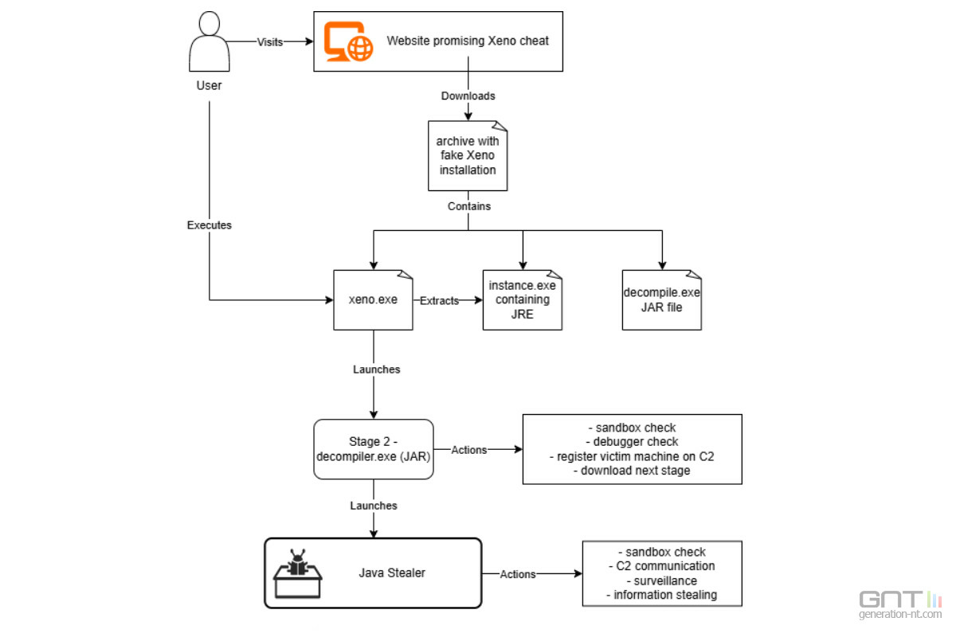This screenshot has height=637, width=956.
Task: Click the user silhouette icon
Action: pyautogui.click(x=209, y=41)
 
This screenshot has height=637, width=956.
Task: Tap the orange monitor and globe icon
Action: pyautogui.click(x=348, y=41)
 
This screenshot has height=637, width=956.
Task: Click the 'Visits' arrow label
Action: pyautogui.click(x=270, y=42)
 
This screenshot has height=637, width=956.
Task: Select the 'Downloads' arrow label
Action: pyautogui.click(x=468, y=96)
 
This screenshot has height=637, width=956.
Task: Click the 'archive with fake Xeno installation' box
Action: pyautogui.click(x=468, y=156)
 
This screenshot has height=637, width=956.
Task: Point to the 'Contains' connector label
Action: pyautogui.click(x=469, y=206)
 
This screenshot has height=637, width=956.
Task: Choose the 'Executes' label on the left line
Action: pyautogui.click(x=209, y=225)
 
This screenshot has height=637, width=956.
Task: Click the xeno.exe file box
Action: pyautogui.click(x=373, y=300)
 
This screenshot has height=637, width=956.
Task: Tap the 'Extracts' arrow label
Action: pyautogui.click(x=439, y=301)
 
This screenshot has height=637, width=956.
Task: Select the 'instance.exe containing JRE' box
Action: pyautogui.click(x=523, y=300)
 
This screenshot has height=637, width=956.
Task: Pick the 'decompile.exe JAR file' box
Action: pyautogui.click(x=661, y=300)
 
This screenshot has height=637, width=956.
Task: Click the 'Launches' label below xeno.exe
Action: pyautogui.click(x=376, y=369)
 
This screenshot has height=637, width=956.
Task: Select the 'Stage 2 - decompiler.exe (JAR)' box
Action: pyautogui.click(x=374, y=449)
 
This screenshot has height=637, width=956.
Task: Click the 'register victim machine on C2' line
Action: pyautogui.click(x=632, y=456)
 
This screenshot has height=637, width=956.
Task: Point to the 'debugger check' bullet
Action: pyautogui.click(x=632, y=442)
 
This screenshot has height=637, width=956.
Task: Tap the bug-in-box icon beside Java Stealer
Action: pyautogui.click(x=297, y=573)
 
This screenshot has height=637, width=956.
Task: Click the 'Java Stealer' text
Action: pyautogui.click(x=392, y=573)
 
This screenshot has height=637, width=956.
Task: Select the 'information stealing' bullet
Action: pyautogui.click(x=661, y=595)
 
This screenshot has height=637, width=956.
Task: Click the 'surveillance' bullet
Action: pyautogui.click(x=661, y=580)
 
